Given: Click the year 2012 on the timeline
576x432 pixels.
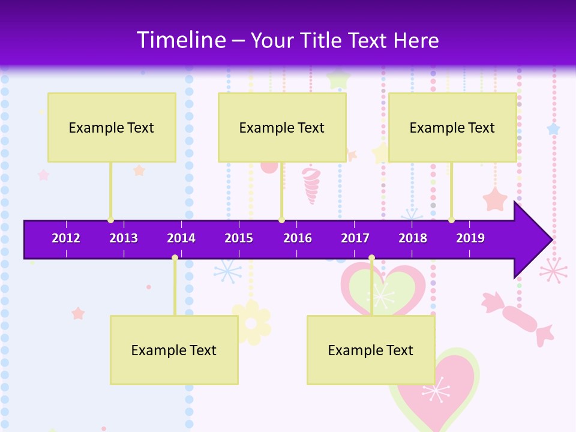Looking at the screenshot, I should (x=66, y=238).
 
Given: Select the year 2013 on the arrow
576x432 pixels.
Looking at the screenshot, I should (x=124, y=238).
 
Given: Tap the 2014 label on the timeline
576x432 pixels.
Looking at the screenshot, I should (x=181, y=238).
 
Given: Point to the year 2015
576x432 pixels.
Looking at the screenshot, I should (x=239, y=238).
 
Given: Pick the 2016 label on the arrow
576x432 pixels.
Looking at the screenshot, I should (x=298, y=238).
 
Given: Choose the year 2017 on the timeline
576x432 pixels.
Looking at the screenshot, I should (x=355, y=238).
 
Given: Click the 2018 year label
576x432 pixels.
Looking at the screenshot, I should (x=413, y=238).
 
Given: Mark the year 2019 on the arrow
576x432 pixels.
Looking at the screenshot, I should (x=470, y=238).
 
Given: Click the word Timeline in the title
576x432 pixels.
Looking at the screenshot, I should (x=180, y=40).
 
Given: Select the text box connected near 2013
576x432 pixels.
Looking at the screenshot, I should (x=112, y=127).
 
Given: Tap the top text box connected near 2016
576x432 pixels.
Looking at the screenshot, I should (x=282, y=127).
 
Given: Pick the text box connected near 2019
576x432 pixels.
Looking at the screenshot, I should (x=452, y=127).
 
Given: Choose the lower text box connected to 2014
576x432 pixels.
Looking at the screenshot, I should (x=174, y=350).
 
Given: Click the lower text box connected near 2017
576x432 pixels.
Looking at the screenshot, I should (x=371, y=350).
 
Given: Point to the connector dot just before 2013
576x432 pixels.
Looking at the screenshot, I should (x=110, y=220).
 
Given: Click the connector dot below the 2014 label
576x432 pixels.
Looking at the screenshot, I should (x=175, y=257).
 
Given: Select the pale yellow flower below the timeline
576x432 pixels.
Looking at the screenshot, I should (x=251, y=323).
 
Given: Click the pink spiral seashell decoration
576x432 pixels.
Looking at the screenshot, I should (x=311, y=185).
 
